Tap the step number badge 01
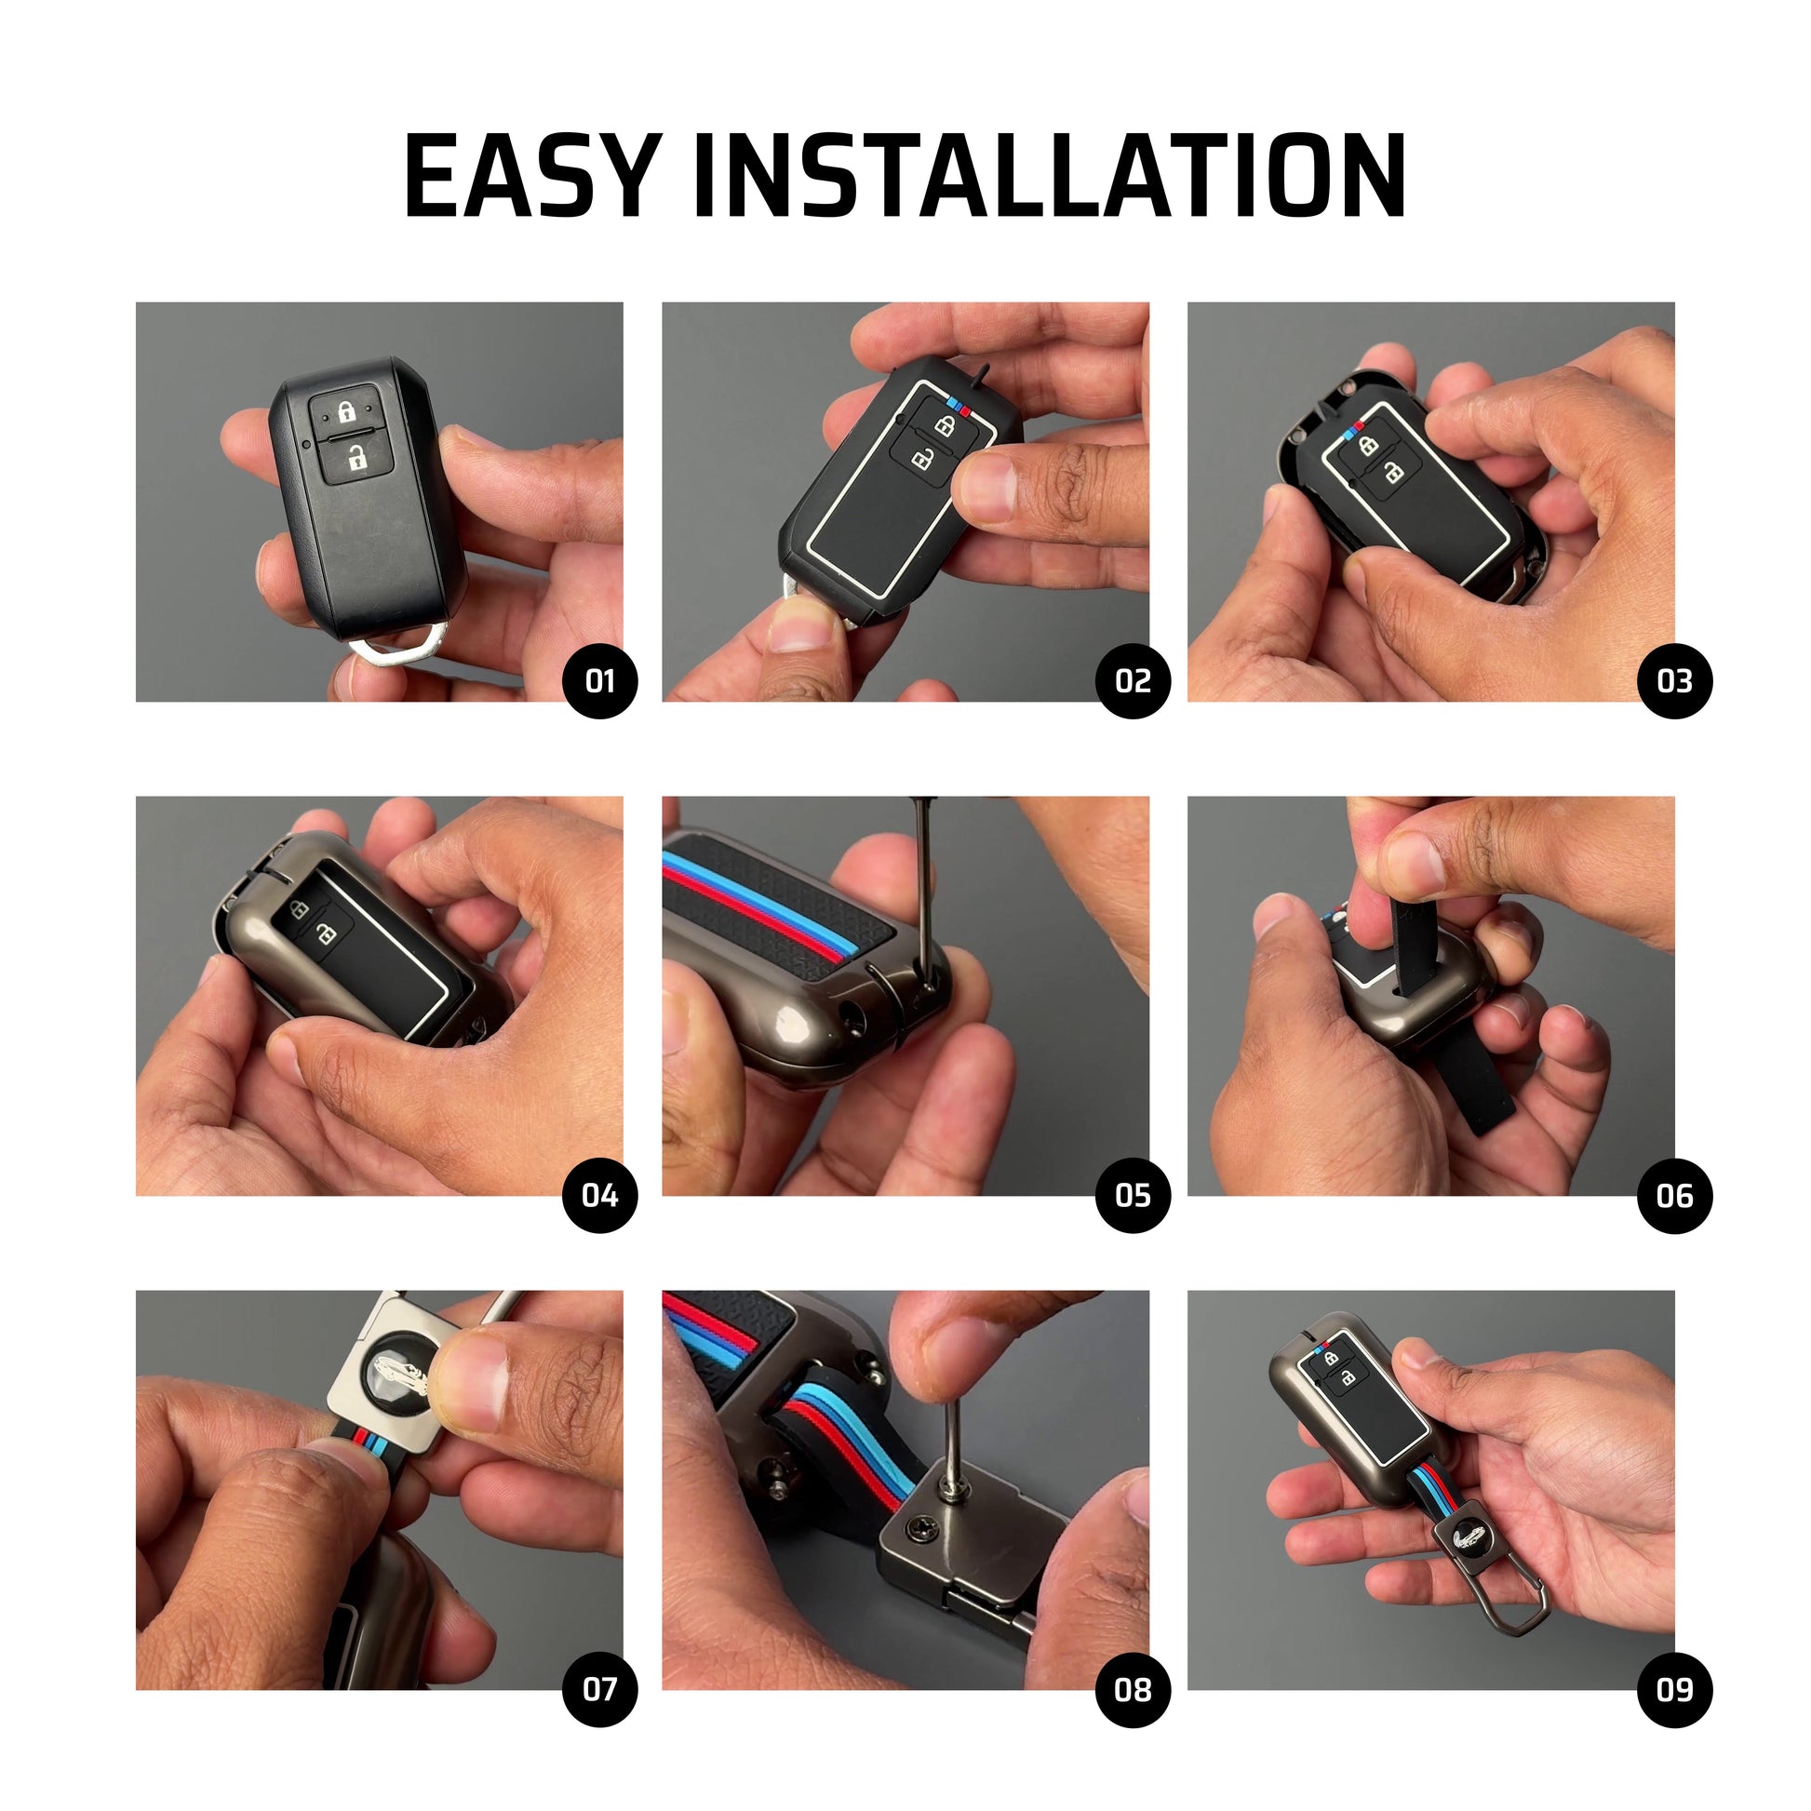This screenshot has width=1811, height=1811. coord(599,681)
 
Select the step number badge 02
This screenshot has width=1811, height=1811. coord(1133,681)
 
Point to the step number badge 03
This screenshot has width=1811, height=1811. coord(1674,681)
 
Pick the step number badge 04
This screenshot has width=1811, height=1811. coord(599,1196)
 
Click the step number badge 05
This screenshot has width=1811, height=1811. coord(1133,1196)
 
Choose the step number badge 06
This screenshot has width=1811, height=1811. coord(1674,1196)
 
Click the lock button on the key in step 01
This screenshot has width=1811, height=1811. coord(346,410)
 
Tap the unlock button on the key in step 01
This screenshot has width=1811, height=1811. coord(357,460)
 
